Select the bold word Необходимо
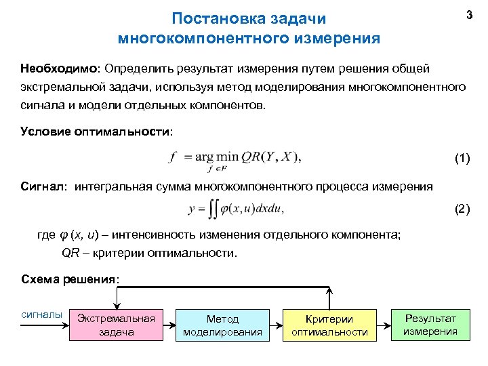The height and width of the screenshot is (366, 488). coord(59,69)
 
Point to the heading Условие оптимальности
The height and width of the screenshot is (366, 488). coord(96,131)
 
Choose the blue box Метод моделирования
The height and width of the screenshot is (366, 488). coord(222,325)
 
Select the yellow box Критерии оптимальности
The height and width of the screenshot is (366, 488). coord(329,325)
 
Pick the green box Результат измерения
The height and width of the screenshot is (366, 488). coord(430,324)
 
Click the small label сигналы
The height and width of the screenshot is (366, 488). coord(42,314)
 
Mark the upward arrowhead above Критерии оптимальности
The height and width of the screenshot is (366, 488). coord(329,290)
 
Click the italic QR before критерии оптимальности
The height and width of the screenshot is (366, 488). coord(71,253)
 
